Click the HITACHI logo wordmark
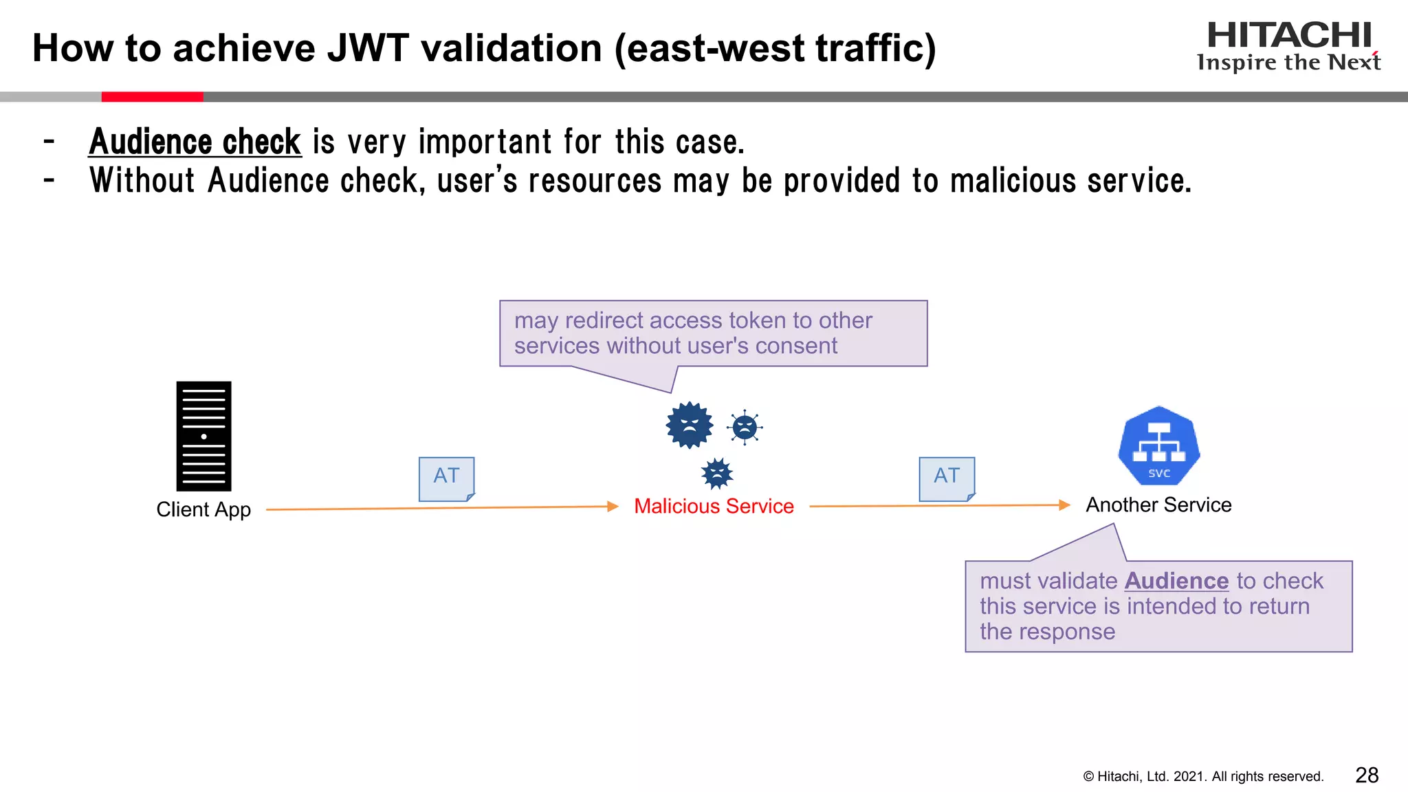pos(1289,35)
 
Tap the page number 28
pos(1367,775)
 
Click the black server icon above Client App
pos(203,436)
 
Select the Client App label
pos(203,509)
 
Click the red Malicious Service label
pos(714,506)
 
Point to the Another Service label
pos(1158,505)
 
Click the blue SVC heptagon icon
pos(1159,445)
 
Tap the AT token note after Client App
pos(447,478)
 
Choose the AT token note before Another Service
pos(947,478)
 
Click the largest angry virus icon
pos(690,426)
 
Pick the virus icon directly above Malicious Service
pos(717,473)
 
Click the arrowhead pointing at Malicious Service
pos(613,507)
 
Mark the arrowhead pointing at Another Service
pos(1064,505)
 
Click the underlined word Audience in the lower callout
pos(1176,581)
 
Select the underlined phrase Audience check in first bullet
pos(195,142)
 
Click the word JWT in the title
pos(368,48)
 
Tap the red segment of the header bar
pos(152,97)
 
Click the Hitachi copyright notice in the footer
pos(1203,776)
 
